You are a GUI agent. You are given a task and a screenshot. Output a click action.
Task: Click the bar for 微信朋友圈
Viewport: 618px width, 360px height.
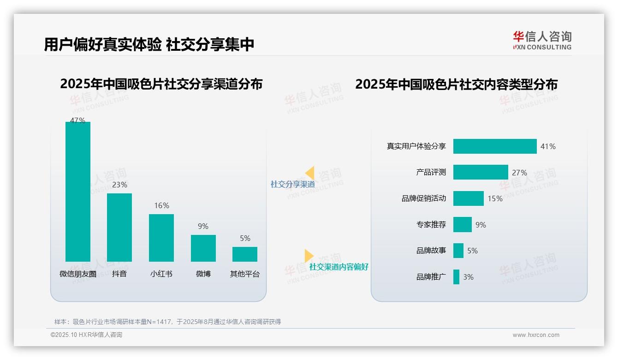(78, 192)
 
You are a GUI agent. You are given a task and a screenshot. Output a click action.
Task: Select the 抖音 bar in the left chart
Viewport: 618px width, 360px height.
(119, 227)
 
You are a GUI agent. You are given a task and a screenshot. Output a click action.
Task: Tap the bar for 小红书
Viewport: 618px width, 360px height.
(161, 238)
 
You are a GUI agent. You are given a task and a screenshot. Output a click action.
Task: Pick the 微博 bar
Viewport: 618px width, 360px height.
(203, 248)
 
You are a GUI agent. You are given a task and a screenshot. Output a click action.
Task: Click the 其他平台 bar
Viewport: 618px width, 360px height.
(245, 254)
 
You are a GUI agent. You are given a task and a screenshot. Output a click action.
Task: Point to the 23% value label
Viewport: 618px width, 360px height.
(119, 185)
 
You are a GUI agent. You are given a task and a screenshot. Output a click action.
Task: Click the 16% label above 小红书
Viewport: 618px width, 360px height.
(161, 206)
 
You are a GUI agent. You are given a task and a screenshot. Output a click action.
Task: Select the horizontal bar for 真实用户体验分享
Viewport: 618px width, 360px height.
(495, 146)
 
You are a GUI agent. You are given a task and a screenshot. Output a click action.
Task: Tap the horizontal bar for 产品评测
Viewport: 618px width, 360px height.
(481, 173)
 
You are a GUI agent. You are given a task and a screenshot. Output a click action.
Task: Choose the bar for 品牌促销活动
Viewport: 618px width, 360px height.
(469, 198)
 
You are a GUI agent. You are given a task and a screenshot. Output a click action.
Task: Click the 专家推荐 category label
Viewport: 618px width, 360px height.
(431, 225)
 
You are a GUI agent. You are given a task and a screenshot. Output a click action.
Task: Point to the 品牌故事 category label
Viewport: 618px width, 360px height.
(431, 251)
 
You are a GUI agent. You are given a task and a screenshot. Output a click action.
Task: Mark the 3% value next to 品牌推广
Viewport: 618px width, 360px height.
(468, 277)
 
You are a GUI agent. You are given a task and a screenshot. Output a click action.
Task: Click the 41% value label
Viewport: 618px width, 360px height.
(548, 146)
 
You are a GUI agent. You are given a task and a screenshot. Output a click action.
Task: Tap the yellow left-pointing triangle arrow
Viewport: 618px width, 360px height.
(310, 173)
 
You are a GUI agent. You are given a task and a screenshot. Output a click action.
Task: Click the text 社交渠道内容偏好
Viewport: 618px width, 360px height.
(339, 267)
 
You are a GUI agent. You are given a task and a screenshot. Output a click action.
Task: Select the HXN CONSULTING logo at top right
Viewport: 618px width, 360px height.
(542, 40)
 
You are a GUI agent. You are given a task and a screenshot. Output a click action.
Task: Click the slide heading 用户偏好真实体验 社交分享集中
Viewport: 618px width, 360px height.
(149, 45)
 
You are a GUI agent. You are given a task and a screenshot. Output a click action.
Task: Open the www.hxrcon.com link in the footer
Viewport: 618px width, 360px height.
(536, 335)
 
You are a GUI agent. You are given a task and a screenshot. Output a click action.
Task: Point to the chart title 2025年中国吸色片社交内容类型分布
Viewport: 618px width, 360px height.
(456, 84)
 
